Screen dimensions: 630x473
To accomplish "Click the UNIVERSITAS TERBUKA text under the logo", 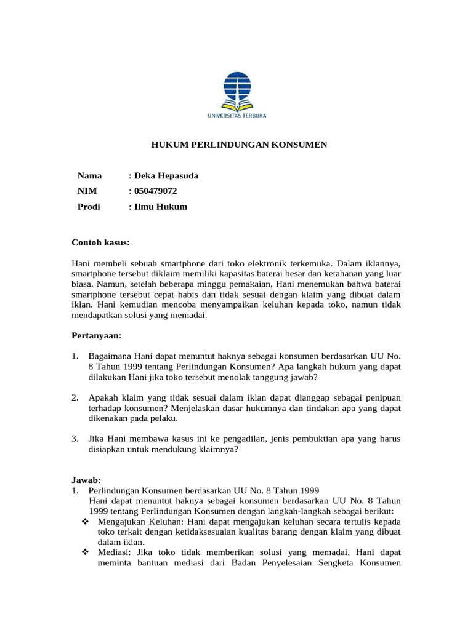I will point(237,115).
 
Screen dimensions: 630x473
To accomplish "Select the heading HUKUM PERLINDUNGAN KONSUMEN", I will point(240,145).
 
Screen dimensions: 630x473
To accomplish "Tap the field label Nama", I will point(89,176).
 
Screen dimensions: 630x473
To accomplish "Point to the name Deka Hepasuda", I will point(163,176).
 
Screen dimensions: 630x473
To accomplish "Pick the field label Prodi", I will point(88,207).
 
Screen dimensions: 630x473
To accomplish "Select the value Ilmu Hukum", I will point(158,207).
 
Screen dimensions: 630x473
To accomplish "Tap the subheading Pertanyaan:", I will point(96,336).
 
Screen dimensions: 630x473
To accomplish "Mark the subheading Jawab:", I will point(86,480).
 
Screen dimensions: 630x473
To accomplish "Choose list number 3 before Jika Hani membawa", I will point(75,439).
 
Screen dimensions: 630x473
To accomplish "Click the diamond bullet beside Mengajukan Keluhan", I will point(85,522).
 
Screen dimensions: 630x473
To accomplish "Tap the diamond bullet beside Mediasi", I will point(85,552).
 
